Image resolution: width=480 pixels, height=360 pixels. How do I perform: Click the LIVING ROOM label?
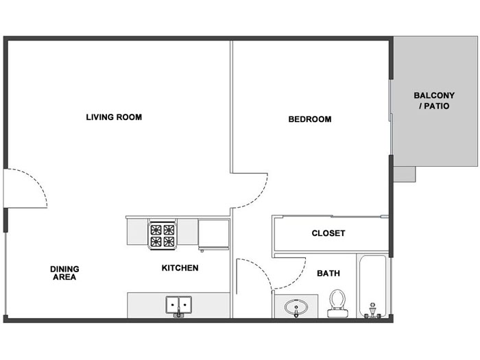tap(114, 117)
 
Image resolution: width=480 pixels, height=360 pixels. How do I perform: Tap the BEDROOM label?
tap(310, 119)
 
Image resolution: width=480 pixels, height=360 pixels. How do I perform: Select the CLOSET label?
tap(328, 233)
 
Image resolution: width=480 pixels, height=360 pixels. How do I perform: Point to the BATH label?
tap(328, 273)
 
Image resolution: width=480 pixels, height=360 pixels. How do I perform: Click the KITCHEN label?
tap(180, 268)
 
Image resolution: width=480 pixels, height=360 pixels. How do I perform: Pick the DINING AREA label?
tap(64, 273)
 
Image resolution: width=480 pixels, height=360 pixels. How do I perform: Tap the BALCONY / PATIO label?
tap(434, 101)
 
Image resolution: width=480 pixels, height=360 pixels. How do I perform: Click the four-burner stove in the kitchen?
tap(163, 235)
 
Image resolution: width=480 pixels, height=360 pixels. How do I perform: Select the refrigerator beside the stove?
tap(214, 235)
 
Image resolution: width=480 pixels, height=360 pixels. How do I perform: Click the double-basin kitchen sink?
tap(179, 305)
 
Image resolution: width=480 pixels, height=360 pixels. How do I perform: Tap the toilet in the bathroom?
tap(337, 303)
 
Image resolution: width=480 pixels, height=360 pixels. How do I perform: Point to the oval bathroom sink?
tap(296, 307)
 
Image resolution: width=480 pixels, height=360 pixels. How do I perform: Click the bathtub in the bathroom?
tap(372, 286)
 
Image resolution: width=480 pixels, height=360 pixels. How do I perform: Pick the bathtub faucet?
tap(372, 311)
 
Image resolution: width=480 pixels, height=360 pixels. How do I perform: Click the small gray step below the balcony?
tap(405, 174)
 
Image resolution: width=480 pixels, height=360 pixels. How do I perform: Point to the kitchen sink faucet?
tap(179, 313)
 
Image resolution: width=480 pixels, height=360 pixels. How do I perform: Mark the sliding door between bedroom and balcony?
tap(391, 117)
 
